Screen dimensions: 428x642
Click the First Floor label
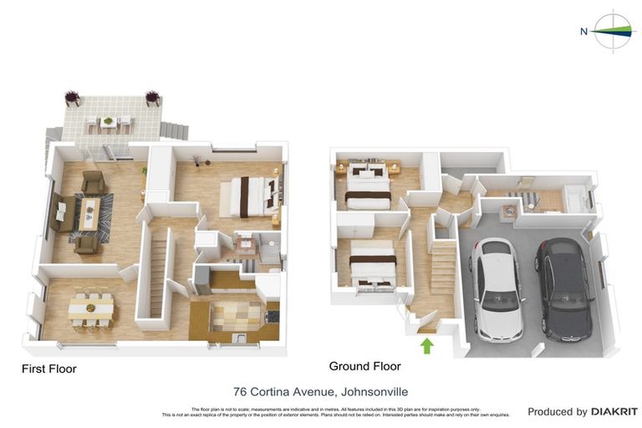click(48, 369)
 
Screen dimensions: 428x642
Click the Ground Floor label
click(364, 366)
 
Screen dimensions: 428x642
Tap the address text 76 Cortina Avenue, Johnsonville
click(320, 390)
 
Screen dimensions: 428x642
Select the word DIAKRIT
click(614, 411)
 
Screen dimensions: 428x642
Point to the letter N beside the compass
click(584, 32)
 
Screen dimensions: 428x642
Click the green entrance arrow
click(427, 344)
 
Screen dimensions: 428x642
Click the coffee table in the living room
click(89, 212)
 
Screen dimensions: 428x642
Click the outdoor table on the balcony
click(108, 124)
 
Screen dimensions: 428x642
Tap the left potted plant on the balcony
click(73, 97)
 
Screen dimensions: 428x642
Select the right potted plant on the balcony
click(153, 97)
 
